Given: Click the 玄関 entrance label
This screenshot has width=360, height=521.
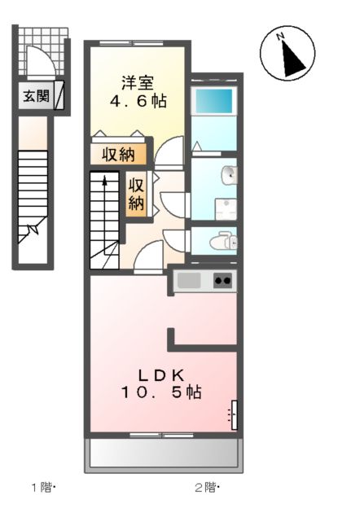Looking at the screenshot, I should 35,96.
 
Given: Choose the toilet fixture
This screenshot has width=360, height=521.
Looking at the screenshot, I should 222,240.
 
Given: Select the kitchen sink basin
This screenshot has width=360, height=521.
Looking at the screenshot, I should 189,281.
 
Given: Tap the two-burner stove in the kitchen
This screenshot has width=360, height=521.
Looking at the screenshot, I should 222,281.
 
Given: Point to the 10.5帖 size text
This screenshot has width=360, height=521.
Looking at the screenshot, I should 161,392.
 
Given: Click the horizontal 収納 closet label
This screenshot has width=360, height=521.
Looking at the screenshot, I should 118,154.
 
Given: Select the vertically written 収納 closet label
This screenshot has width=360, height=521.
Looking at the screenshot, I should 136,194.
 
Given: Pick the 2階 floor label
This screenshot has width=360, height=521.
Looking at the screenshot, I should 206,488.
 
